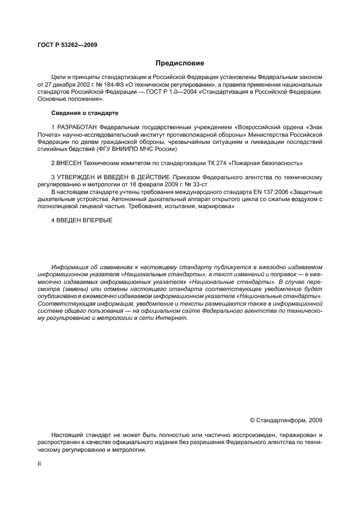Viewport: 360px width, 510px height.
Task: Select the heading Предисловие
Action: tap(180, 63)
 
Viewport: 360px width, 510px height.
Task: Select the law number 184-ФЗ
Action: tap(108, 85)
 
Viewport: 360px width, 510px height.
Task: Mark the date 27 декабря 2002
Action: tap(68, 85)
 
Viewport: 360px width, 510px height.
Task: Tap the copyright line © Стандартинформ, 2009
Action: tap(285, 420)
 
